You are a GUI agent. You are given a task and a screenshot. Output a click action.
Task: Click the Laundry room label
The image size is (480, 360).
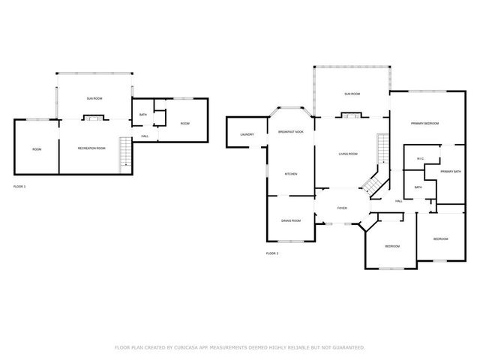[247, 135]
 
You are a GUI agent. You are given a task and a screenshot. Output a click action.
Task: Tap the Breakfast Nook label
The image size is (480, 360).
[290, 132]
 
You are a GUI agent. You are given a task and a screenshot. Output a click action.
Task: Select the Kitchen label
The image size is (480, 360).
[290, 174]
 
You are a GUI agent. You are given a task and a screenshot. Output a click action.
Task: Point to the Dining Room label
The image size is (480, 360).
[290, 220]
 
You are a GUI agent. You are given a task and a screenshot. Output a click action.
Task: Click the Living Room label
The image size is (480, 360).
[347, 154]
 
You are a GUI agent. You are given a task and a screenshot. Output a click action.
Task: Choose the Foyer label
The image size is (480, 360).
[341, 209]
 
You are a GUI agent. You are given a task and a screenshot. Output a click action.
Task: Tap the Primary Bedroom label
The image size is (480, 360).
[424, 123]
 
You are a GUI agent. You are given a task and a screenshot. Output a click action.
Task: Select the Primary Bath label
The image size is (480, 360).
[451, 172]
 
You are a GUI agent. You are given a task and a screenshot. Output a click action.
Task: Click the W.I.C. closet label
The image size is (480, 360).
[420, 158]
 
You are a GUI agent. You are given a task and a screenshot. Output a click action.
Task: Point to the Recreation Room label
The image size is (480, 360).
[91, 148]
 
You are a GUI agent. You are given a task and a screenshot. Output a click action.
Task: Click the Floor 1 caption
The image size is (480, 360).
[19, 185]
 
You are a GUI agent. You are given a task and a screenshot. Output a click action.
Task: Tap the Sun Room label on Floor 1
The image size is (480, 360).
[94, 98]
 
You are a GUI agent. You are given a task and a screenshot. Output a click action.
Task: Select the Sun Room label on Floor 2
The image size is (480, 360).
[352, 94]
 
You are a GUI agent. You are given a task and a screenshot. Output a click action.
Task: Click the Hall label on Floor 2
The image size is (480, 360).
[398, 201]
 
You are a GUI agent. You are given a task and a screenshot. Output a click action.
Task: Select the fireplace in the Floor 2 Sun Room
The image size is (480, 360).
[350, 115]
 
